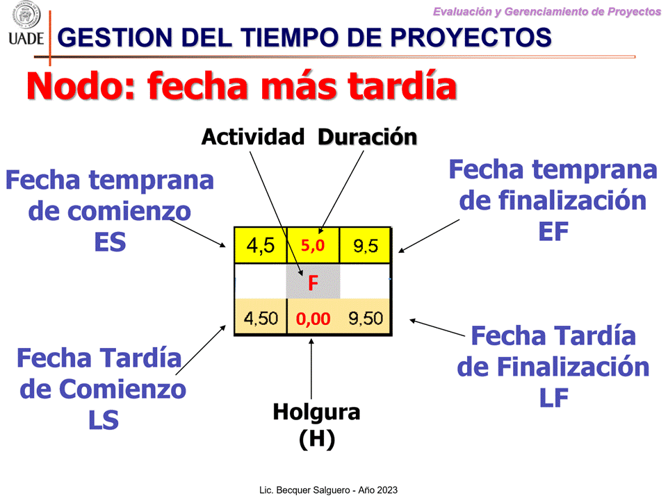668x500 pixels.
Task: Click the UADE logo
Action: coord(26,24)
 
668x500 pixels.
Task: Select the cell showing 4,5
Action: coord(260,246)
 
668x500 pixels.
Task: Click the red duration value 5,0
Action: coord(313,246)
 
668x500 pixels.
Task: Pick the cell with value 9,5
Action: coord(365,246)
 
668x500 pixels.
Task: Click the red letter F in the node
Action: coord(313,283)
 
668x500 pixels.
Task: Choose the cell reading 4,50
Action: coord(261,318)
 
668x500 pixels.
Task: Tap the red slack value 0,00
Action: coord(313,319)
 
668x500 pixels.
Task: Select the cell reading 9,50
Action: coord(366,318)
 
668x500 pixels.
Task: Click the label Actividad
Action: coord(253,137)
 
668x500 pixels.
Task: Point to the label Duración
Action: coord(367,137)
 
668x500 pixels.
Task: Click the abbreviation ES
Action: coord(110,242)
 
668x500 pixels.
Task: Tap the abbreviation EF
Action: coord(553,231)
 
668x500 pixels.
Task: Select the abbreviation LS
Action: coord(104,420)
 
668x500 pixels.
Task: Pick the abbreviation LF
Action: coord(554,398)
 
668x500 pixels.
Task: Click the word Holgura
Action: coord(316,412)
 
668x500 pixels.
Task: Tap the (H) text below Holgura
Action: coord(317,439)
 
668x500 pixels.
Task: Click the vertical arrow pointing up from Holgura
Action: coord(311,369)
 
